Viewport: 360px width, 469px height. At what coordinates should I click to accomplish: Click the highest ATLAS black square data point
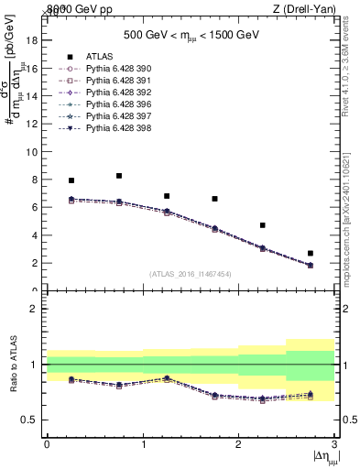[119, 176]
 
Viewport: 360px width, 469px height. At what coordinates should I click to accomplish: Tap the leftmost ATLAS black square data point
[71, 180]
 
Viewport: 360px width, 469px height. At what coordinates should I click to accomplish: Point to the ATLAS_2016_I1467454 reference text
[191, 274]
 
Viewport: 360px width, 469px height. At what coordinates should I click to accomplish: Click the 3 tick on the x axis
[334, 444]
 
